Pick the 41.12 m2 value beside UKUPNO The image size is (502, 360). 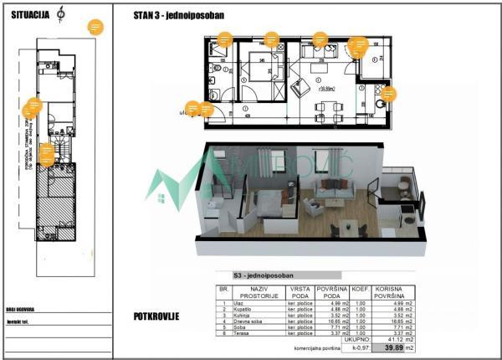point(392,339)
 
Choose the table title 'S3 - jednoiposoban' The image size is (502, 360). point(266,275)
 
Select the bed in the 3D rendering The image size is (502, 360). point(267,205)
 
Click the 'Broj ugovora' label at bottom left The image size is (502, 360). point(19,309)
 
